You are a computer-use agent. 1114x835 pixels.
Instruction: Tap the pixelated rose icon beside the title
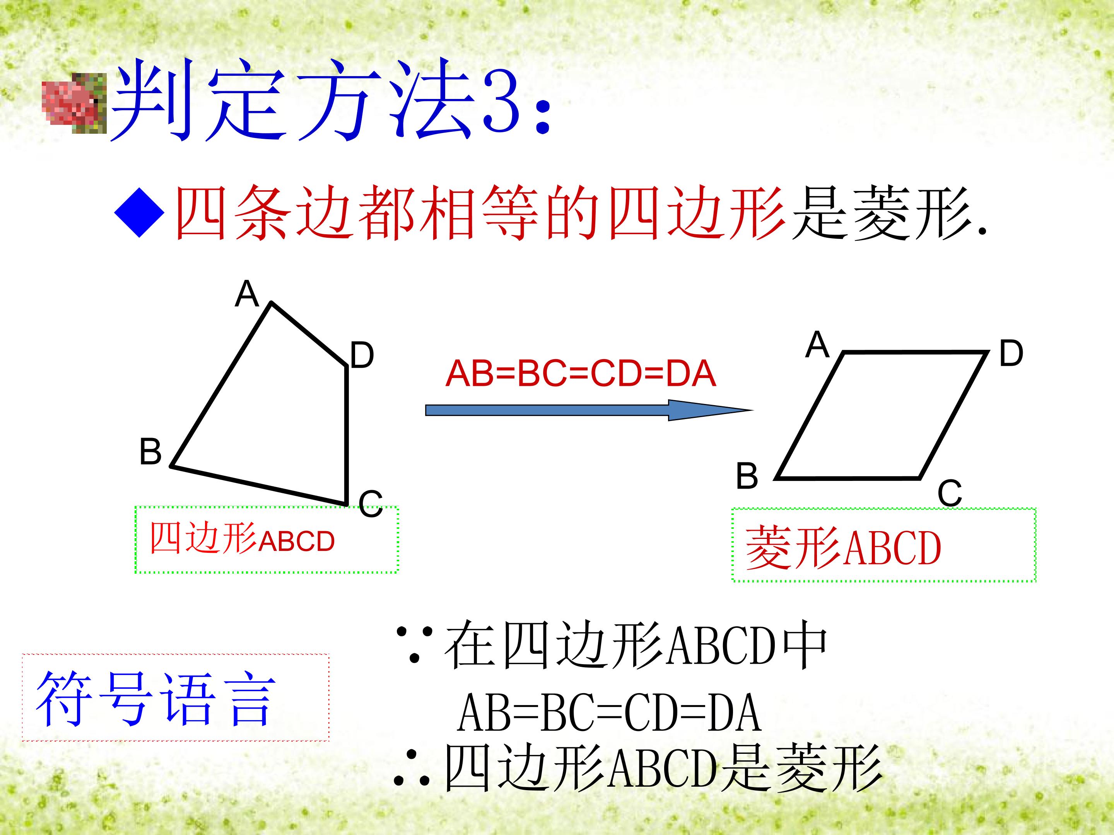pos(75,103)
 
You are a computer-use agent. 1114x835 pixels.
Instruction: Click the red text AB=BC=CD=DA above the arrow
pos(581,374)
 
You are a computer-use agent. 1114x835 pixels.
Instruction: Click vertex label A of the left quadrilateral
pos(247,293)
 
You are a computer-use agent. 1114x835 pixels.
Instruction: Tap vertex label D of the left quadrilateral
pos(362,355)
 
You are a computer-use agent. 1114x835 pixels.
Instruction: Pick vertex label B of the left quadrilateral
pos(150,451)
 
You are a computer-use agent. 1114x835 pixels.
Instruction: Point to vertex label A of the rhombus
pos(817,345)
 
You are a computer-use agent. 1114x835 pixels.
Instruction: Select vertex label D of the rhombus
pos(1011,353)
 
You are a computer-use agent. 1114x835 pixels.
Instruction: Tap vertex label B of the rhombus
pos(747,475)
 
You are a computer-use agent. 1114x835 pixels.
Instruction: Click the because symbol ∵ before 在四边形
pos(415,645)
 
